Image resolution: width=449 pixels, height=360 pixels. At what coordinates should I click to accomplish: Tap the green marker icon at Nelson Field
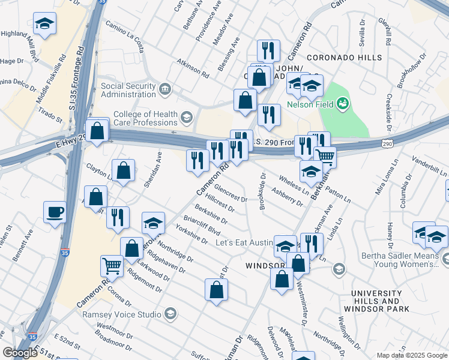pos(343,104)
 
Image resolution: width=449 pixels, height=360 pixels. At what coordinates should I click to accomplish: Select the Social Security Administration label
pos(128,90)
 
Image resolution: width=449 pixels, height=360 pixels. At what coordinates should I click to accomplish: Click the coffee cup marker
pos(55,212)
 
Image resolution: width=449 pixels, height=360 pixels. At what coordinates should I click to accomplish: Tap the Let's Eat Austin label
pos(244,243)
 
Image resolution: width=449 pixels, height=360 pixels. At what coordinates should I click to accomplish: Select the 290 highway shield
pos(387,143)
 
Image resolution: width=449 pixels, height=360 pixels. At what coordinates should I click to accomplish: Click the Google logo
pos(20,353)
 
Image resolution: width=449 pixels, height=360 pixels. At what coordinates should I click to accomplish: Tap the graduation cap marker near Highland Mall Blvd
pos(44,24)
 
